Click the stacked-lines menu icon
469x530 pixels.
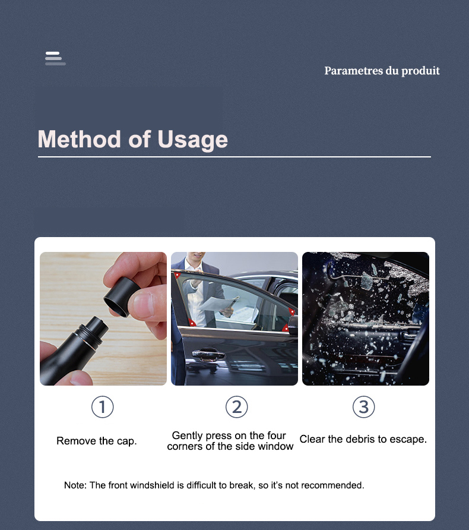pos(55,58)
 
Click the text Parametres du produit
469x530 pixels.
pos(382,71)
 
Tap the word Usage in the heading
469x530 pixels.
pos(192,139)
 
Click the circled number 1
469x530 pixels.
pos(102,407)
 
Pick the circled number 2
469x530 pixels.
pos(236,407)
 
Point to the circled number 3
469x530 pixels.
pos(364,407)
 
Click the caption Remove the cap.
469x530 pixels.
pos(96,441)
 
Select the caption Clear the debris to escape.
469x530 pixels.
pos(363,440)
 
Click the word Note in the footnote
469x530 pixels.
pos(75,485)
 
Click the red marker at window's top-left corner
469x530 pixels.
pos(176,275)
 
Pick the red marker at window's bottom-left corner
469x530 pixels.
pos(192,323)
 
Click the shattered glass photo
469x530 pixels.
pos(365,318)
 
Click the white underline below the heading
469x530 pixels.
pos(234,157)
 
